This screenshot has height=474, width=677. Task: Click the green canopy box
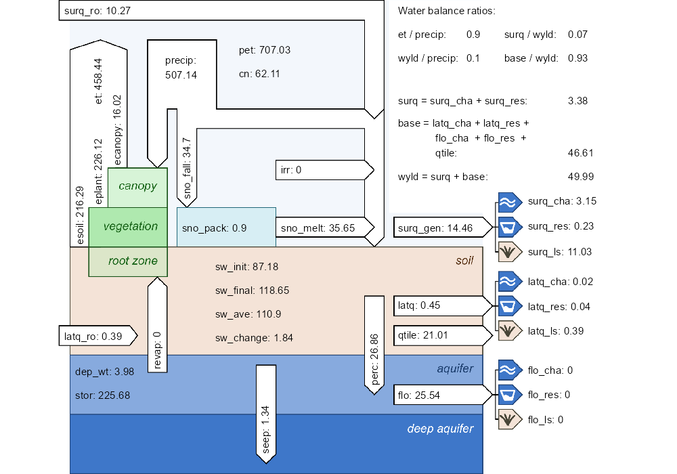pos(137,187)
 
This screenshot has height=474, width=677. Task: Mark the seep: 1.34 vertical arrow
pos(265,413)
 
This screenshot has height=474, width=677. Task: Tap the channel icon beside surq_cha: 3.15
pos(508,201)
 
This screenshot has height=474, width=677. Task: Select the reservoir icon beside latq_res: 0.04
pos(508,306)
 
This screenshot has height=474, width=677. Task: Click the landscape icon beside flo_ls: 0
pos(508,419)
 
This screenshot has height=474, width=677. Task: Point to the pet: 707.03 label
pos(265,51)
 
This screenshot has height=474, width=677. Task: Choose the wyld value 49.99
pos(580,177)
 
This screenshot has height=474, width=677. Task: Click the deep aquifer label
pos(440,429)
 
